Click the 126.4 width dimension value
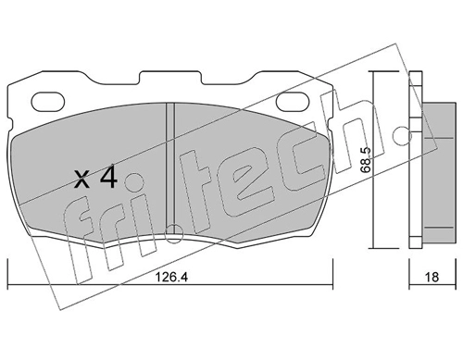click(171, 277)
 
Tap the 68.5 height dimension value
click(366, 160)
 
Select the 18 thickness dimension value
click(432, 277)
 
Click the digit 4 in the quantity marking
click(109, 177)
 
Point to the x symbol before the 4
click(82, 180)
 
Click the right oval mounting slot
click(293, 101)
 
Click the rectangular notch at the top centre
click(170, 78)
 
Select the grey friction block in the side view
click(439, 172)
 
